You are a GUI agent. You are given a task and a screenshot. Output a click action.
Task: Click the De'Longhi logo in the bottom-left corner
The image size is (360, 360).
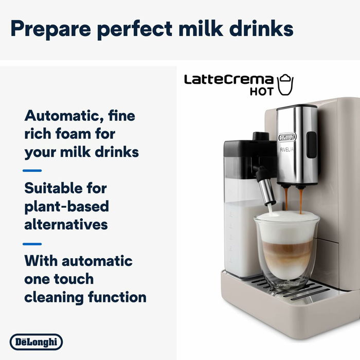point(36,341)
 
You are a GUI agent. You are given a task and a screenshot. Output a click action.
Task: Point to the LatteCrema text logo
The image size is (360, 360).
point(229,80)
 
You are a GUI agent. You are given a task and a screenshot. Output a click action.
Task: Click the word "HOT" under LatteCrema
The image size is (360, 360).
point(262,93)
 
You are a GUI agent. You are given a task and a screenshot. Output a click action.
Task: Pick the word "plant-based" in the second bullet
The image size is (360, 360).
point(66,206)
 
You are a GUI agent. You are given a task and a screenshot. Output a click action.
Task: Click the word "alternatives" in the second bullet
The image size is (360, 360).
point(66,224)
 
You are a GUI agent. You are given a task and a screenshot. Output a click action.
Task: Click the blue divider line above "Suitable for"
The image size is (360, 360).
point(32,170)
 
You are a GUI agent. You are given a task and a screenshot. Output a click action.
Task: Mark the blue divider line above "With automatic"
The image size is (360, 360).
point(32,243)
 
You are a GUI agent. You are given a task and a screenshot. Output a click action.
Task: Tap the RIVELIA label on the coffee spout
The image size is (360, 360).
point(288,149)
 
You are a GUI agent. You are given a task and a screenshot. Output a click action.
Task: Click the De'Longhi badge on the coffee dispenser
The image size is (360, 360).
point(287,137)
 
